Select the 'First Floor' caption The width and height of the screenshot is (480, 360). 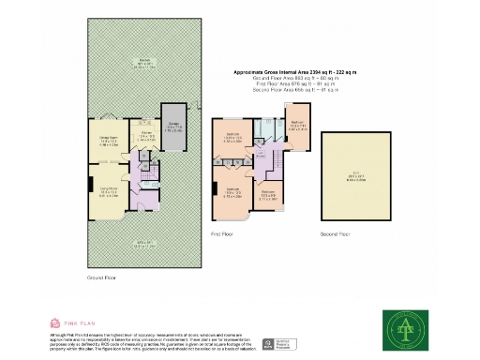pos(223,233)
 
